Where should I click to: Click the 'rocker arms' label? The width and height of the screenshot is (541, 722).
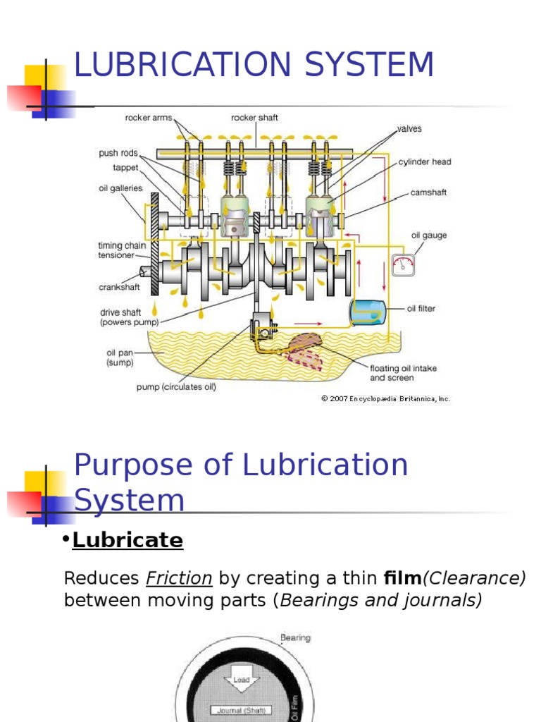(148, 118)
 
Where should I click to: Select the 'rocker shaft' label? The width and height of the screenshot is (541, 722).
(254, 118)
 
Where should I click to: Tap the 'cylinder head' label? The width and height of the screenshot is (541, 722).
(424, 161)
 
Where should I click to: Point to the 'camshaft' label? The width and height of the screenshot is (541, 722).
(428, 192)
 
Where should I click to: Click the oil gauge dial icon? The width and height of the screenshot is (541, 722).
(404, 264)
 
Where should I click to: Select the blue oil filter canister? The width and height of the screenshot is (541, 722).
(368, 311)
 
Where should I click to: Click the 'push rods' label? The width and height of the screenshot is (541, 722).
(118, 153)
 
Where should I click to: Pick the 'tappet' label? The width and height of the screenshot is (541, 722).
(125, 168)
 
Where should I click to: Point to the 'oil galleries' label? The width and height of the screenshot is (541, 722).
(120, 188)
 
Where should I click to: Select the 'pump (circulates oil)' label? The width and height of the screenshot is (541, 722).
(175, 386)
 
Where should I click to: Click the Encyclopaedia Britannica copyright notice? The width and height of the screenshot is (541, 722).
(385, 398)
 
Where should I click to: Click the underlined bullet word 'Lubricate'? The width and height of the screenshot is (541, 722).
(128, 541)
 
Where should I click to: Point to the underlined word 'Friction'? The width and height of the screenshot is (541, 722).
(179, 579)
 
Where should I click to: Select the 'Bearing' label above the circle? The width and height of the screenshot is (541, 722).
(295, 638)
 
